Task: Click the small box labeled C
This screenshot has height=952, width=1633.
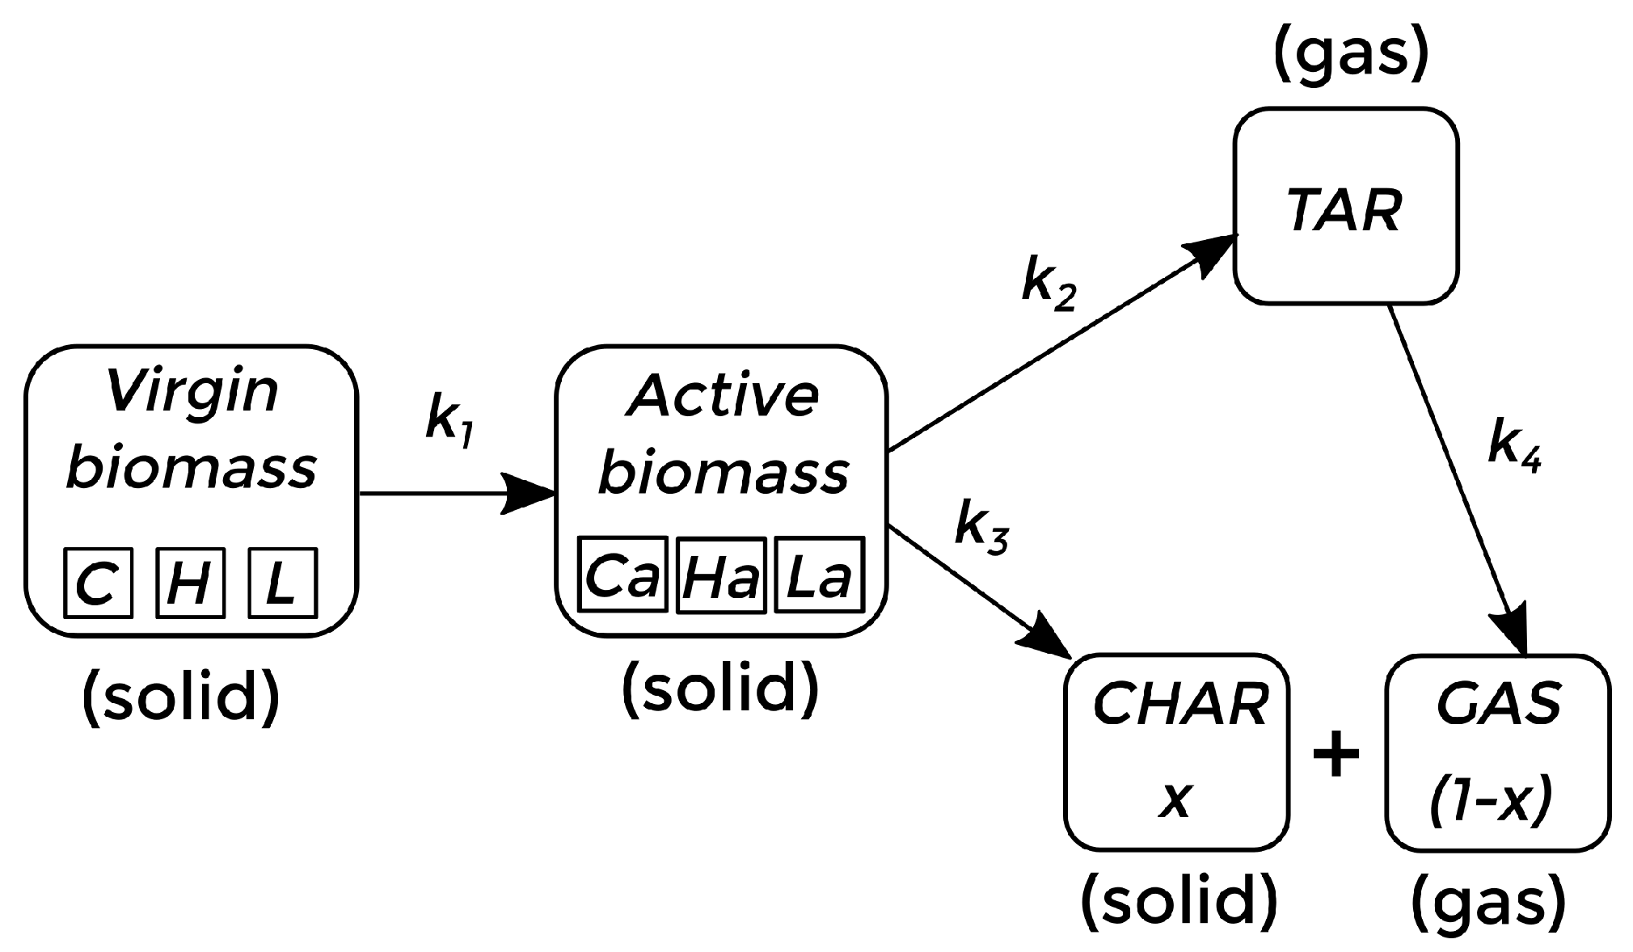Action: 98,583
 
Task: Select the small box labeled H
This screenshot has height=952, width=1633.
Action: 189,583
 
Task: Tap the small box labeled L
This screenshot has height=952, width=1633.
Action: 282,583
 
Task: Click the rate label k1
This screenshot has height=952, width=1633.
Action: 449,421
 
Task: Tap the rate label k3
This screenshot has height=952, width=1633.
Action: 981,528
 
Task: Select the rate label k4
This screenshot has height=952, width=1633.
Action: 1513,445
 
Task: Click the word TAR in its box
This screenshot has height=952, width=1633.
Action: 1344,212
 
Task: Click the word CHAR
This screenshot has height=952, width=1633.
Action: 1180,705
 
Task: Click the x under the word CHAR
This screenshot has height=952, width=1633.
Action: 1176,800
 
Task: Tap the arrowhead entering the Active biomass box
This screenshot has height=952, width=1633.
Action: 530,493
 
